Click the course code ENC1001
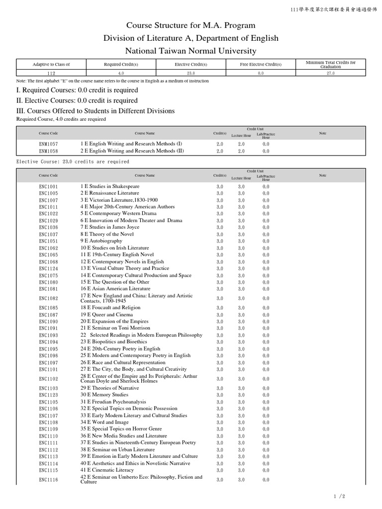click(x=48, y=186)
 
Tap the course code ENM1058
click(x=48, y=151)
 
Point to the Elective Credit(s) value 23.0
click(x=191, y=73)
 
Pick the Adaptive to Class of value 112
click(x=51, y=73)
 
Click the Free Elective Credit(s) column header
click(x=261, y=64)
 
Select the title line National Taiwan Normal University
click(x=191, y=51)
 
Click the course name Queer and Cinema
click(x=106, y=315)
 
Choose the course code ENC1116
click(x=48, y=480)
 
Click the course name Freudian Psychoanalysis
click(x=113, y=402)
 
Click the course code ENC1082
click(x=48, y=298)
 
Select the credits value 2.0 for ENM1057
click(x=220, y=144)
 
